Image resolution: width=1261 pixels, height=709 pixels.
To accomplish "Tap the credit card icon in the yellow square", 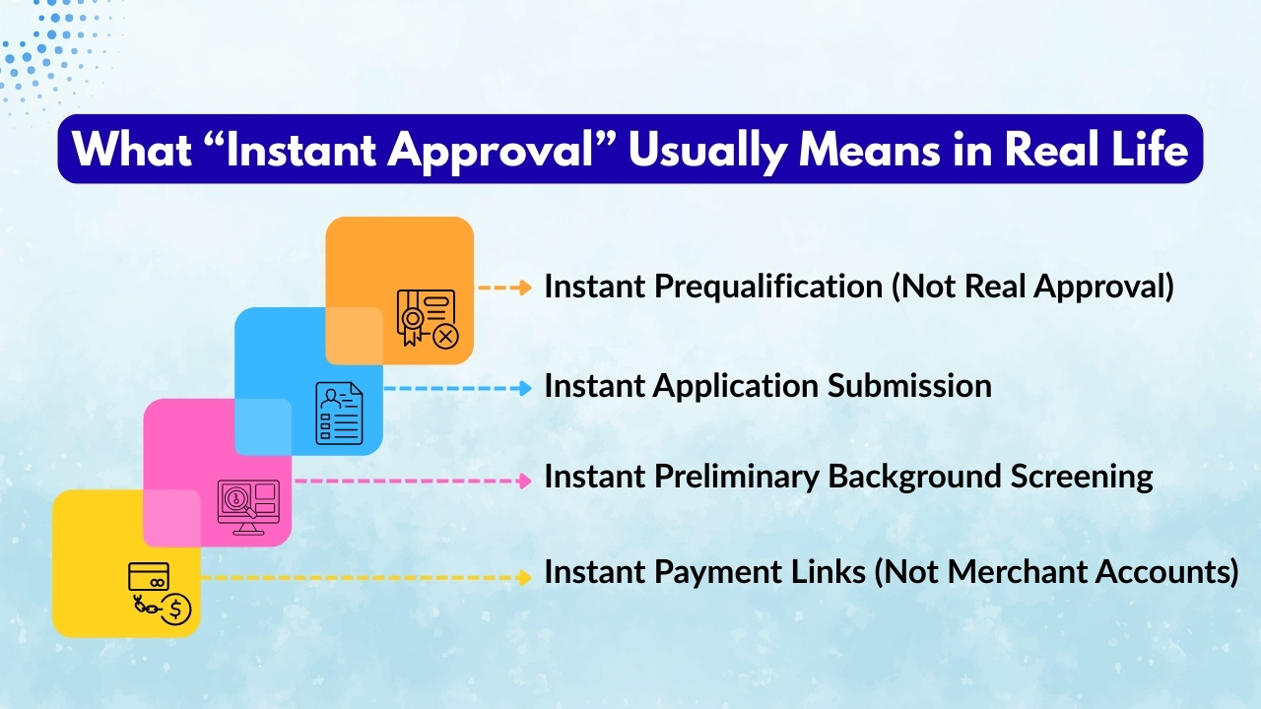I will click(150, 576).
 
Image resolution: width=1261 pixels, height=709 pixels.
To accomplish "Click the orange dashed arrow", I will click(504, 289).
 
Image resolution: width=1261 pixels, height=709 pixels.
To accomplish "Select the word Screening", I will click(1085, 477).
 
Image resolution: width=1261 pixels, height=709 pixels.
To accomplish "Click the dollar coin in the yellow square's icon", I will click(176, 610).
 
